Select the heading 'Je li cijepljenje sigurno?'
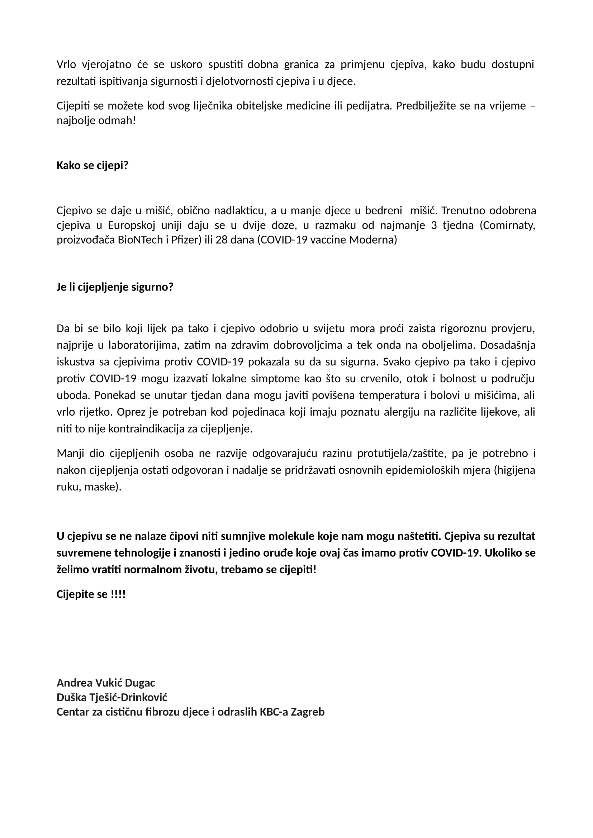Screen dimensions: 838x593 click(115, 287)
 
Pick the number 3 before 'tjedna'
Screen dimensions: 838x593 click(434, 226)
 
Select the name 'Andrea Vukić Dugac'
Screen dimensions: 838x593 click(106, 683)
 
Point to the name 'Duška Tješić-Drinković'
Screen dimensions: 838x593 click(112, 698)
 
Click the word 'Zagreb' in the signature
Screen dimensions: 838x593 click(308, 712)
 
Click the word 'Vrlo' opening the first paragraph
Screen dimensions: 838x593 click(66, 64)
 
